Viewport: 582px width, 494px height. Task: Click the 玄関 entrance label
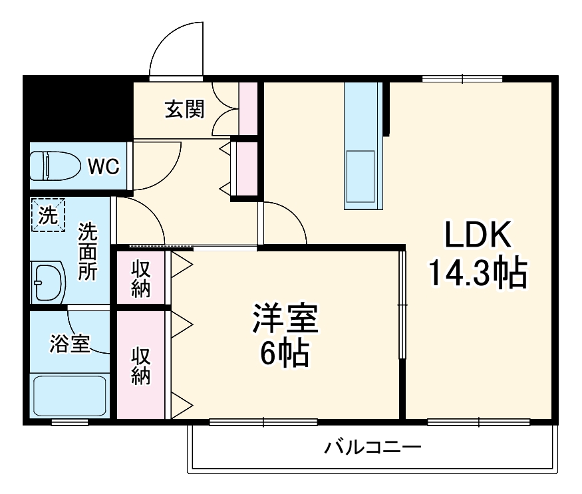pyautogui.click(x=185, y=108)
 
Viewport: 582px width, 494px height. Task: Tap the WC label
pyautogui.click(x=104, y=166)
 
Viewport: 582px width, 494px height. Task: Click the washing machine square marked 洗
pyautogui.click(x=48, y=215)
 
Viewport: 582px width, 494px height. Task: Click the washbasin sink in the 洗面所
pyautogui.click(x=48, y=282)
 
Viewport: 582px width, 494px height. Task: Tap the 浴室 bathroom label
pyautogui.click(x=70, y=344)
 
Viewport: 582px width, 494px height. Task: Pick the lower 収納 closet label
pyautogui.click(x=140, y=366)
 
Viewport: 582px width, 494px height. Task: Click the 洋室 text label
pyautogui.click(x=285, y=318)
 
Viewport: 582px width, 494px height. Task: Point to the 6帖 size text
pyautogui.click(x=285, y=355)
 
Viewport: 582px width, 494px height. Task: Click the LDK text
pyautogui.click(x=477, y=237)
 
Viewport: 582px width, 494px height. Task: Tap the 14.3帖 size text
pyautogui.click(x=477, y=273)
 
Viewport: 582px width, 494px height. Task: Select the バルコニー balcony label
pyautogui.click(x=372, y=447)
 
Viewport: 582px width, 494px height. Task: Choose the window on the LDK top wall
pyautogui.click(x=463, y=78)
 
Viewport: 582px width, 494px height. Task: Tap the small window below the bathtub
pyautogui.click(x=71, y=422)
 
